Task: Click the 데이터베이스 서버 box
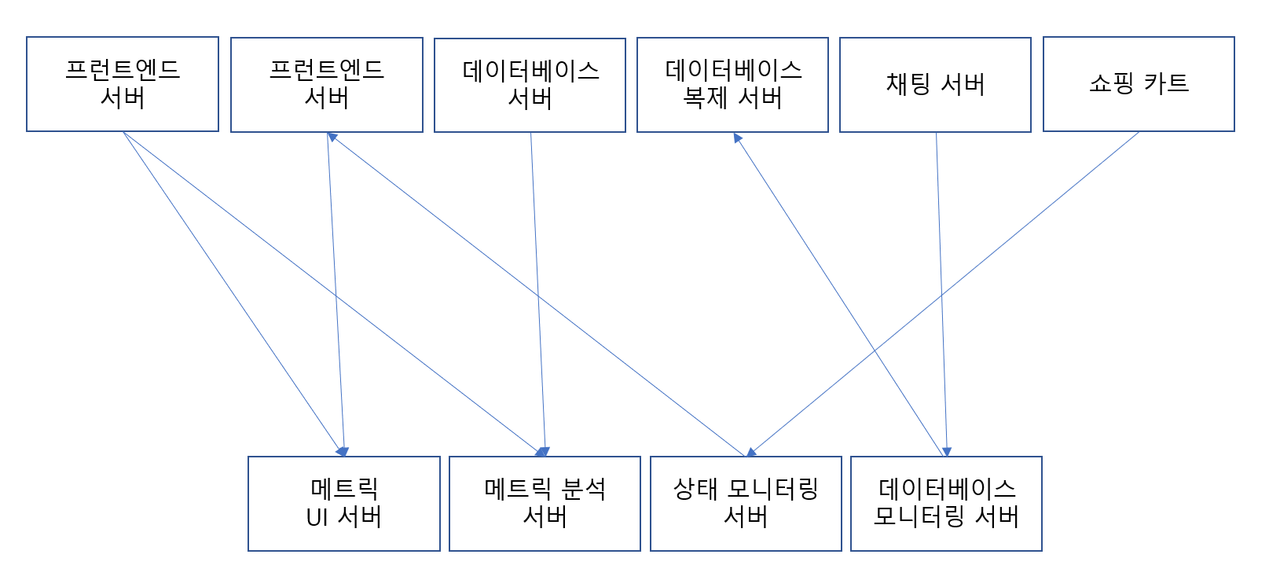tap(530, 85)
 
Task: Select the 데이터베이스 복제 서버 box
tap(732, 85)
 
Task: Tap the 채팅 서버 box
tap(935, 85)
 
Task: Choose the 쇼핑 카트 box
tap(1139, 84)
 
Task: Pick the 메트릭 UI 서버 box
tap(343, 504)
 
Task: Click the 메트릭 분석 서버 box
tap(545, 504)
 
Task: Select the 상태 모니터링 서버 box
tap(746, 504)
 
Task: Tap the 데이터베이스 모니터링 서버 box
tap(946, 504)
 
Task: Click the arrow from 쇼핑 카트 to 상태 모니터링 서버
tap(943, 294)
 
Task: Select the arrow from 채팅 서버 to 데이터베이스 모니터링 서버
tap(941, 294)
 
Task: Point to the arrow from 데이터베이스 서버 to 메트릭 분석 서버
tap(537, 294)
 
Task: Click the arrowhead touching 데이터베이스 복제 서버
tap(737, 138)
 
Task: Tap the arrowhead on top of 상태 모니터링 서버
tap(751, 452)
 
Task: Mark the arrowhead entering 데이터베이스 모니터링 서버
tap(947, 452)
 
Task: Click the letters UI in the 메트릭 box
tap(317, 518)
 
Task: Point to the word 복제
tap(705, 98)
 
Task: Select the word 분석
tap(584, 490)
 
